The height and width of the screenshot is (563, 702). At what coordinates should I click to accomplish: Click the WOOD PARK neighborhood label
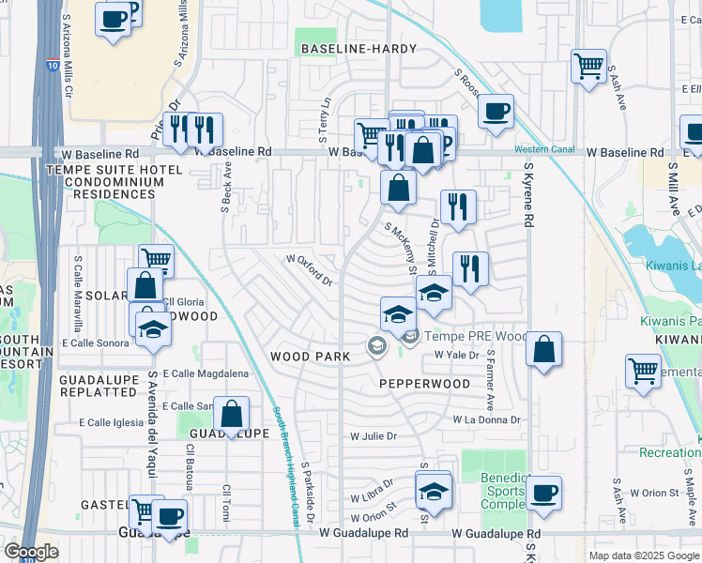tap(310, 357)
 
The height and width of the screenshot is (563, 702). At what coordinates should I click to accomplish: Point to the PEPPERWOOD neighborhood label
tap(424, 384)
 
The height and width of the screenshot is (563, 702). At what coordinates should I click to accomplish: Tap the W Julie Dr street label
tap(374, 436)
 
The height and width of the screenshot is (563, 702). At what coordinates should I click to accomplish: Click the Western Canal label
tap(542, 150)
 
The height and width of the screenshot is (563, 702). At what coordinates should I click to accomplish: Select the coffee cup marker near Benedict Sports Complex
tap(543, 493)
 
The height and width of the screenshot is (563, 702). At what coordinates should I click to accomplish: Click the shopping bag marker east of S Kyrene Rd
tap(543, 349)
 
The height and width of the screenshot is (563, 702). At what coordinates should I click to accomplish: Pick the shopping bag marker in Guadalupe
tap(231, 414)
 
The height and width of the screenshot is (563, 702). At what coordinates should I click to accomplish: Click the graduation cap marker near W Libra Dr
tap(433, 491)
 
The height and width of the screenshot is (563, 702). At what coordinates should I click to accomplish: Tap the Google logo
tap(31, 552)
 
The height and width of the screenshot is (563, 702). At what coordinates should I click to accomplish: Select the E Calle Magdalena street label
tap(206, 373)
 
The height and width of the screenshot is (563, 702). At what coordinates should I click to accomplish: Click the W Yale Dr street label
tap(457, 356)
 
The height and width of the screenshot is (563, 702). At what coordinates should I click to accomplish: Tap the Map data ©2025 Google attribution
tap(643, 555)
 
